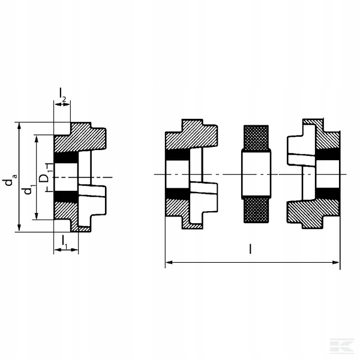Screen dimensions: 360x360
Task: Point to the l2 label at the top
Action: click(x=62, y=94)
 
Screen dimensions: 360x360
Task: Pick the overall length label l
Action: click(x=250, y=249)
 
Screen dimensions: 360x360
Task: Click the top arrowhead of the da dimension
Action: click(x=19, y=126)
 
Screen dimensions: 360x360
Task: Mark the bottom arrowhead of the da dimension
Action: click(x=19, y=228)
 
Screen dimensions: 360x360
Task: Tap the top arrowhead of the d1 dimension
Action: click(x=36, y=139)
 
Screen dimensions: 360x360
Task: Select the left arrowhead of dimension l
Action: click(x=169, y=262)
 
